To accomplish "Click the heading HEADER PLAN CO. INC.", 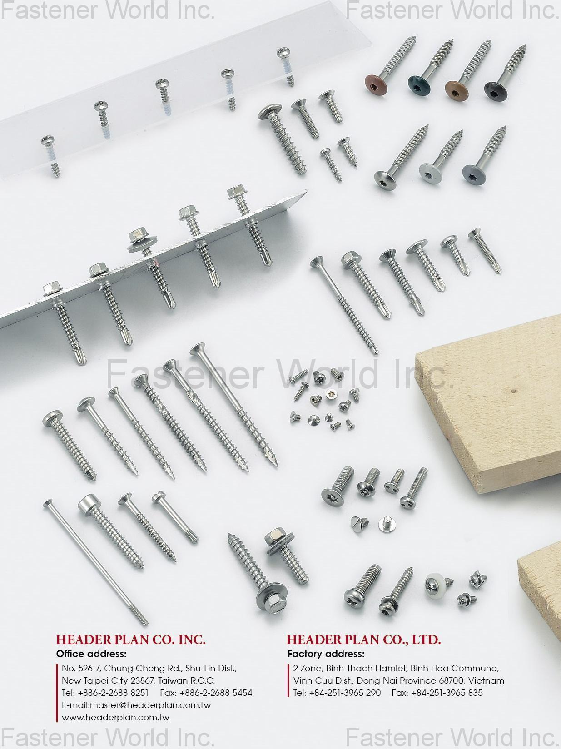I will click(x=131, y=640).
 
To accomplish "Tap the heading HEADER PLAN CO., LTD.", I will click(x=363, y=640).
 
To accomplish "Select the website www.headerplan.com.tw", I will click(x=115, y=718).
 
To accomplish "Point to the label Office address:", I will click(x=91, y=654).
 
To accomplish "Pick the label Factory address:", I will click(x=326, y=654).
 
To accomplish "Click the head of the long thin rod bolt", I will click(x=48, y=502).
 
